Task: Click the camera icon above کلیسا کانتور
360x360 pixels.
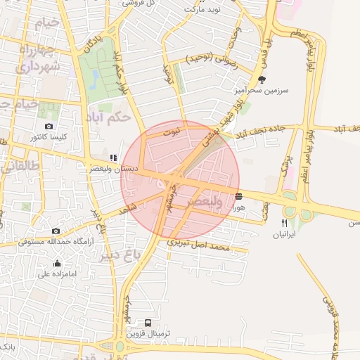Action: [x=48, y=127]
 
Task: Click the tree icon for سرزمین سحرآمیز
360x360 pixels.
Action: [x=262, y=79]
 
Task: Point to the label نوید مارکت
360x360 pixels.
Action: [x=202, y=10]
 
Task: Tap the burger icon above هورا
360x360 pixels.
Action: [x=240, y=196]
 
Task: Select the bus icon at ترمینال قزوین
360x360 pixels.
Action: [x=147, y=323]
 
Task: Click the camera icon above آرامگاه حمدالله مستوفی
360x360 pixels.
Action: [x=56, y=231]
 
